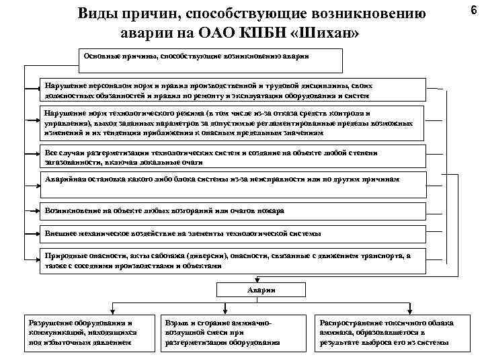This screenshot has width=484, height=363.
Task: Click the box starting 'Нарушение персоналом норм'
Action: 232,90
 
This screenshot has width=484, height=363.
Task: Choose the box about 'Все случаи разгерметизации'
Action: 232,157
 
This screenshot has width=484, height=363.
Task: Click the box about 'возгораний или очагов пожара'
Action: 232,210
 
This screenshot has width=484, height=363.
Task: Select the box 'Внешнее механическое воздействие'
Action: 232,233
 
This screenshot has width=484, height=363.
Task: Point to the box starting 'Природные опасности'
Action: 232,260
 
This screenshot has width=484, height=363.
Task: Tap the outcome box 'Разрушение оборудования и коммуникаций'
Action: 82,332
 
